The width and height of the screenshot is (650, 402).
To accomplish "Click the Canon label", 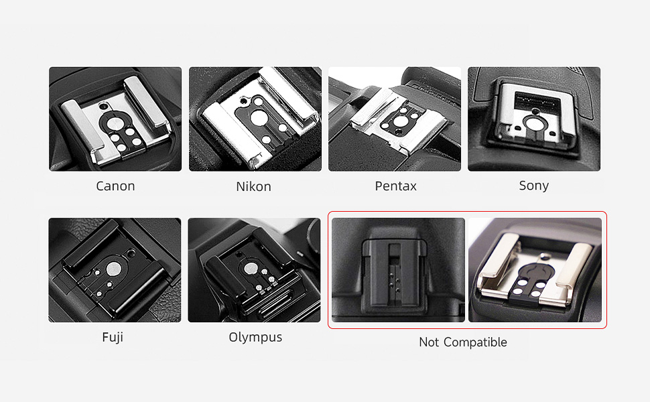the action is pos(115,186).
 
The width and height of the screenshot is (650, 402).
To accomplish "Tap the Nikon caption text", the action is pos(254,186).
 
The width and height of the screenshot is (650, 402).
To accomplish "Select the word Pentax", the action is pos(395,186).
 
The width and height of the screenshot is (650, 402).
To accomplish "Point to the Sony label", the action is pos(534,186).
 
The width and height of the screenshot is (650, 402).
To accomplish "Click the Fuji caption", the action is pos(113,337).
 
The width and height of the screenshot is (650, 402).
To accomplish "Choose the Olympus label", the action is pos(255,338).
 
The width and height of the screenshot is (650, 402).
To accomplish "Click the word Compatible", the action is pos(475,342).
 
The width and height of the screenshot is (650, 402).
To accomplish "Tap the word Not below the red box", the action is pos(429,342).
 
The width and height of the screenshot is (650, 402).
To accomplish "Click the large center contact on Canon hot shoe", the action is pos(113,123).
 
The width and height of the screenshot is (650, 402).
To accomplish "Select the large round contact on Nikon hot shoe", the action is pos(259,117).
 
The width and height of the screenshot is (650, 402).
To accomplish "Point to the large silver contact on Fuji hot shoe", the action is pos(112,269).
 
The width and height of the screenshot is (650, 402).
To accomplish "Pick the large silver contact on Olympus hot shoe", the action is pos(250,269).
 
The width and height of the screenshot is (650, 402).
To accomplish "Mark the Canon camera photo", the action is pos(115,119).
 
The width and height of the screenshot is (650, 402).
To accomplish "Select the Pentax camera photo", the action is pos(395,119).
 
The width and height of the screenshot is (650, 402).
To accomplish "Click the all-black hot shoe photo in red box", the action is pos(398,270).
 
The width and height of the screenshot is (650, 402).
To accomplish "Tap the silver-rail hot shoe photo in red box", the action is pos(535,270).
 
